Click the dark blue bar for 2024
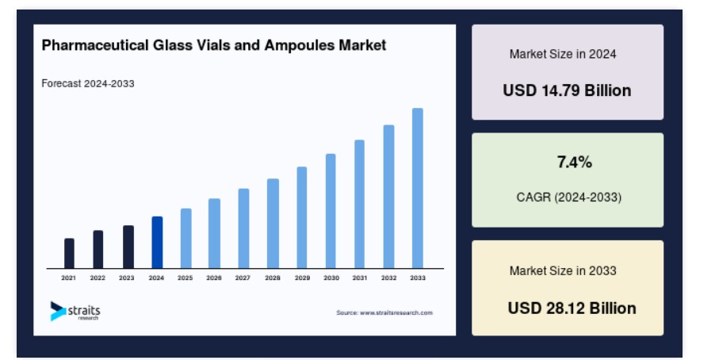pos(157,242)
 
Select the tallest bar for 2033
pos(417,188)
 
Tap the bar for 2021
pos(69,253)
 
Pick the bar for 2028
pos(273,224)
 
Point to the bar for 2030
pos(331,211)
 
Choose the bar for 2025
pos(185,239)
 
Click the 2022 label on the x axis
pos(98,278)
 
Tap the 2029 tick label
pos(302,278)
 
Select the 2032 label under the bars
pos(389,278)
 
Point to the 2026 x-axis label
pos(214,278)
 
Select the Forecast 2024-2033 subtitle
pos(88,83)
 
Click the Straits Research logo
pos(75,312)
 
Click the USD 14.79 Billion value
pos(568,90)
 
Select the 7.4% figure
pos(575,162)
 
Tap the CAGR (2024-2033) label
pos(569,197)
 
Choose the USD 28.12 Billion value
pos(572,308)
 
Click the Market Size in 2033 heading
pos(563,270)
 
